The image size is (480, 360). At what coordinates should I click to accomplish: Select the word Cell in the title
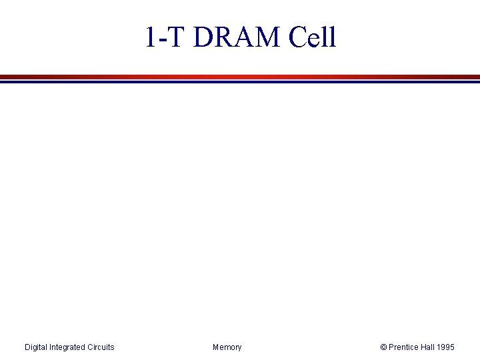[x=313, y=37]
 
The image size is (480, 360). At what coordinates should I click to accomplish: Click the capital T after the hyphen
[x=174, y=37]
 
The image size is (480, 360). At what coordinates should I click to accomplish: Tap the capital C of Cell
[x=298, y=37]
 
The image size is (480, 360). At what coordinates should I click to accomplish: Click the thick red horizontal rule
[x=240, y=77]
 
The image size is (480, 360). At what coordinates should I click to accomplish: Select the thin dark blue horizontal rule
[x=240, y=82]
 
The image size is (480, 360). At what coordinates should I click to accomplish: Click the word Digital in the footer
[x=36, y=347]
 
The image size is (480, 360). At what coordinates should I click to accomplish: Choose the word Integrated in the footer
[x=69, y=347]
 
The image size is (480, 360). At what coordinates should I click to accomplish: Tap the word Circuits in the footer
[x=101, y=347]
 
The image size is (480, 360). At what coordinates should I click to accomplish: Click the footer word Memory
[x=227, y=347]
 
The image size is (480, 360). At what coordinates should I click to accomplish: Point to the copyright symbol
[x=383, y=347]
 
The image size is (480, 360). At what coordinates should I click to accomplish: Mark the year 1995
[x=446, y=347]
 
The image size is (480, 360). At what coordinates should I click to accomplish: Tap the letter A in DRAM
[x=245, y=37]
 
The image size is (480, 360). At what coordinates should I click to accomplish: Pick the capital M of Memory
[x=216, y=347]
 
